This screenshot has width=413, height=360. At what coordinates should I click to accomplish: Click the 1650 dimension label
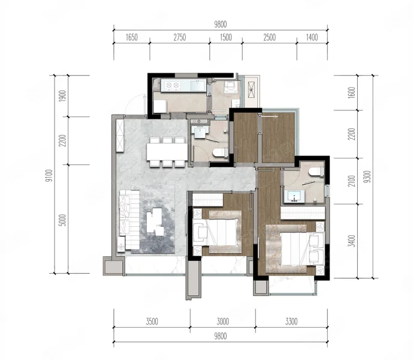click(x=131, y=38)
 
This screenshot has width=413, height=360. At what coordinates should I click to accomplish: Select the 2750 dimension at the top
click(x=180, y=37)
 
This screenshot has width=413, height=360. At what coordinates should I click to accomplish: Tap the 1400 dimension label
click(x=312, y=37)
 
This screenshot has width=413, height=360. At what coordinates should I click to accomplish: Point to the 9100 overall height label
click(x=49, y=176)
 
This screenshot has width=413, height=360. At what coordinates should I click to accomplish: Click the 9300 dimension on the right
click(x=368, y=177)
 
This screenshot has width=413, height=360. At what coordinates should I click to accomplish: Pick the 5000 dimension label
click(x=62, y=220)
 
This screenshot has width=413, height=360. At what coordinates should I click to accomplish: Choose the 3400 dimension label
click(x=351, y=241)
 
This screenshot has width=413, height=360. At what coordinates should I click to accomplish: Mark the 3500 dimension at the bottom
click(x=152, y=322)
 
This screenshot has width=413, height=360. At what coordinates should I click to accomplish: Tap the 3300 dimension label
click(x=291, y=322)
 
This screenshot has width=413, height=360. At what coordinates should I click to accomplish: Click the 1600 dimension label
click(x=351, y=93)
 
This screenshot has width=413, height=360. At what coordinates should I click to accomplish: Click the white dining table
click(x=167, y=152)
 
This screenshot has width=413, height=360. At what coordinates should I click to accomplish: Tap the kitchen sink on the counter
click(x=198, y=85)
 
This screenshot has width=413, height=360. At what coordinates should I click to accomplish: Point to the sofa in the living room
click(x=129, y=220)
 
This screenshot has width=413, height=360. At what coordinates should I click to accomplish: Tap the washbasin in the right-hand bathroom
click(x=294, y=196)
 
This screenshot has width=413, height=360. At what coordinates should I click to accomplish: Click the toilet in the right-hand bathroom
click(x=316, y=171)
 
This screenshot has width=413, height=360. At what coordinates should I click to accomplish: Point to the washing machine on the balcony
click(x=251, y=89)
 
